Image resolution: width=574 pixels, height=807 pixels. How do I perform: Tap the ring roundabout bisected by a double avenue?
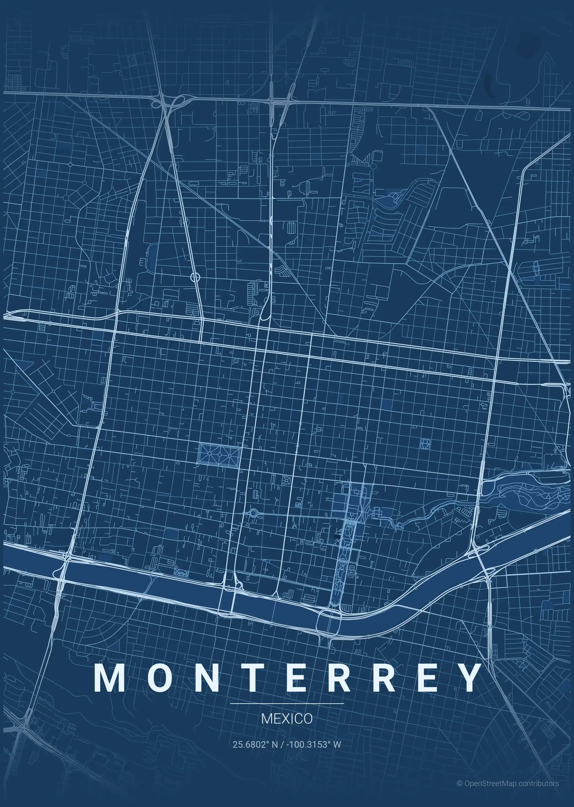click(195, 277)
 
